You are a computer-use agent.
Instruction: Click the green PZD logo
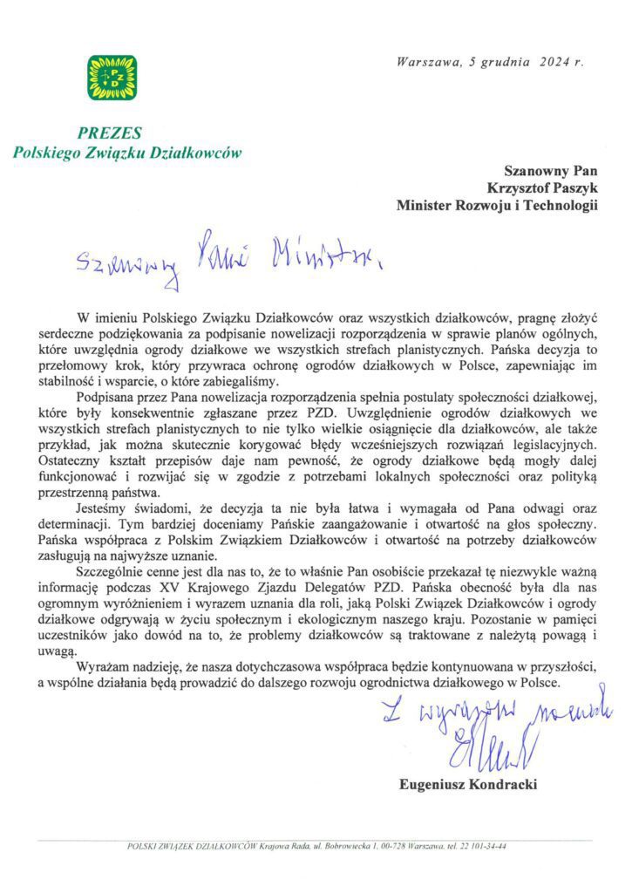click(x=111, y=78)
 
